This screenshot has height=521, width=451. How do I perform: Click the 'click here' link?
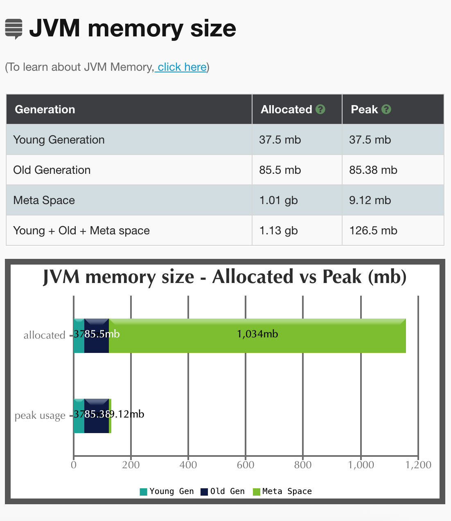pyautogui.click(x=182, y=67)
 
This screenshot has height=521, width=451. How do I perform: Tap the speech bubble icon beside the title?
pyautogui.click(x=14, y=29)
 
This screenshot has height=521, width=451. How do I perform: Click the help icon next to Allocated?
pyautogui.click(x=320, y=109)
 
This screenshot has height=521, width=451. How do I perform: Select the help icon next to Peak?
pyautogui.click(x=386, y=109)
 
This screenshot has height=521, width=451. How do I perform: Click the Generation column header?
pyautogui.click(x=45, y=110)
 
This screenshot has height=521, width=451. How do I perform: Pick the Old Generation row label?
pyautogui.click(x=52, y=170)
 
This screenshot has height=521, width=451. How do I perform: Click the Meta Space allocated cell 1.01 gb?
pyautogui.click(x=278, y=200)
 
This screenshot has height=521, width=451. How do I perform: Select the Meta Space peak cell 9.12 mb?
pyautogui.click(x=370, y=200)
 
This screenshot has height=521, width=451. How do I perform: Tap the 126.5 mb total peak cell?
pyautogui.click(x=373, y=231)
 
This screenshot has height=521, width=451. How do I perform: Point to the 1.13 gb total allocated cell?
pyautogui.click(x=278, y=231)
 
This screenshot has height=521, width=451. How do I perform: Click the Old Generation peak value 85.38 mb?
pyautogui.click(x=373, y=170)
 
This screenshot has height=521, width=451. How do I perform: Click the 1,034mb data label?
pyautogui.click(x=257, y=334)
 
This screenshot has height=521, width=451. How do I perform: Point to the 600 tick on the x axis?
pyautogui.click(x=246, y=465)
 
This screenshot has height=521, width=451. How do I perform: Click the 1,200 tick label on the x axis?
pyautogui.click(x=418, y=465)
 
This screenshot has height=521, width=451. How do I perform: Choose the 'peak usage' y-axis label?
pyautogui.click(x=40, y=415)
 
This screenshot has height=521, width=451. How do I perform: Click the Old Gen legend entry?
pyautogui.click(x=223, y=491)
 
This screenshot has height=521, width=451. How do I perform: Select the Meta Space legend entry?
pyautogui.click(x=282, y=491)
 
